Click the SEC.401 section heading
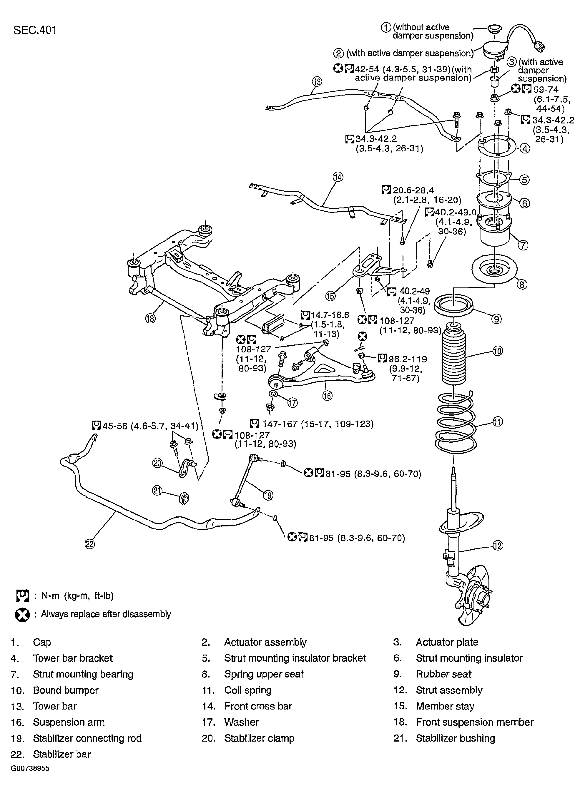(x=35, y=30)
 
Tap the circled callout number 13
(x=317, y=82)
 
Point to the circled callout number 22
(x=90, y=544)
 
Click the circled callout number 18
(x=150, y=318)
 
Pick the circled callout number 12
(x=498, y=546)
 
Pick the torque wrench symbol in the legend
(x=22, y=596)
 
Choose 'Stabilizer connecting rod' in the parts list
(x=87, y=738)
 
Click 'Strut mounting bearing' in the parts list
(x=83, y=674)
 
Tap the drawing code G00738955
(x=30, y=768)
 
